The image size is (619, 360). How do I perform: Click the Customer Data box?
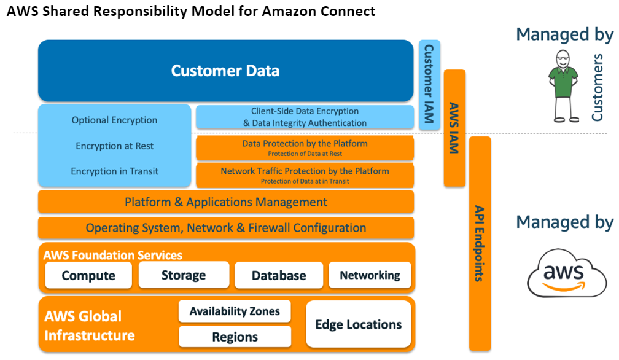225,71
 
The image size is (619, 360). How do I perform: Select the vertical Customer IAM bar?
429,85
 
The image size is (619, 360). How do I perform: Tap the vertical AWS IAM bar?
454,128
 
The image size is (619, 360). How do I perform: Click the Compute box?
88,275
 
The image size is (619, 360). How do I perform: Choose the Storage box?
184,275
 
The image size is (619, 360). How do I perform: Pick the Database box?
279,275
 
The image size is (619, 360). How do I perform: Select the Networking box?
370,275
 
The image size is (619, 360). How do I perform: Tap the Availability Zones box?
235,311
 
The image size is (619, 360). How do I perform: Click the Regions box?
235,337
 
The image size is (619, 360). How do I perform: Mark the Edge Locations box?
358,324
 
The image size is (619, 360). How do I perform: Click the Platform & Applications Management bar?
226,202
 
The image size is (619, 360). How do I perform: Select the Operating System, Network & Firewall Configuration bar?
226,228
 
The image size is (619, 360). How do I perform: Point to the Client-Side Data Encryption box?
305,117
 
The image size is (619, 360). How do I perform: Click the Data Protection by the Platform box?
305,148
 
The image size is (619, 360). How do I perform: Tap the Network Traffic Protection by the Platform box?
305,175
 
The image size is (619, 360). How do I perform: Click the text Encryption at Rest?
115,146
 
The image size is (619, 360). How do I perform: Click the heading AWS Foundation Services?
113,255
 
